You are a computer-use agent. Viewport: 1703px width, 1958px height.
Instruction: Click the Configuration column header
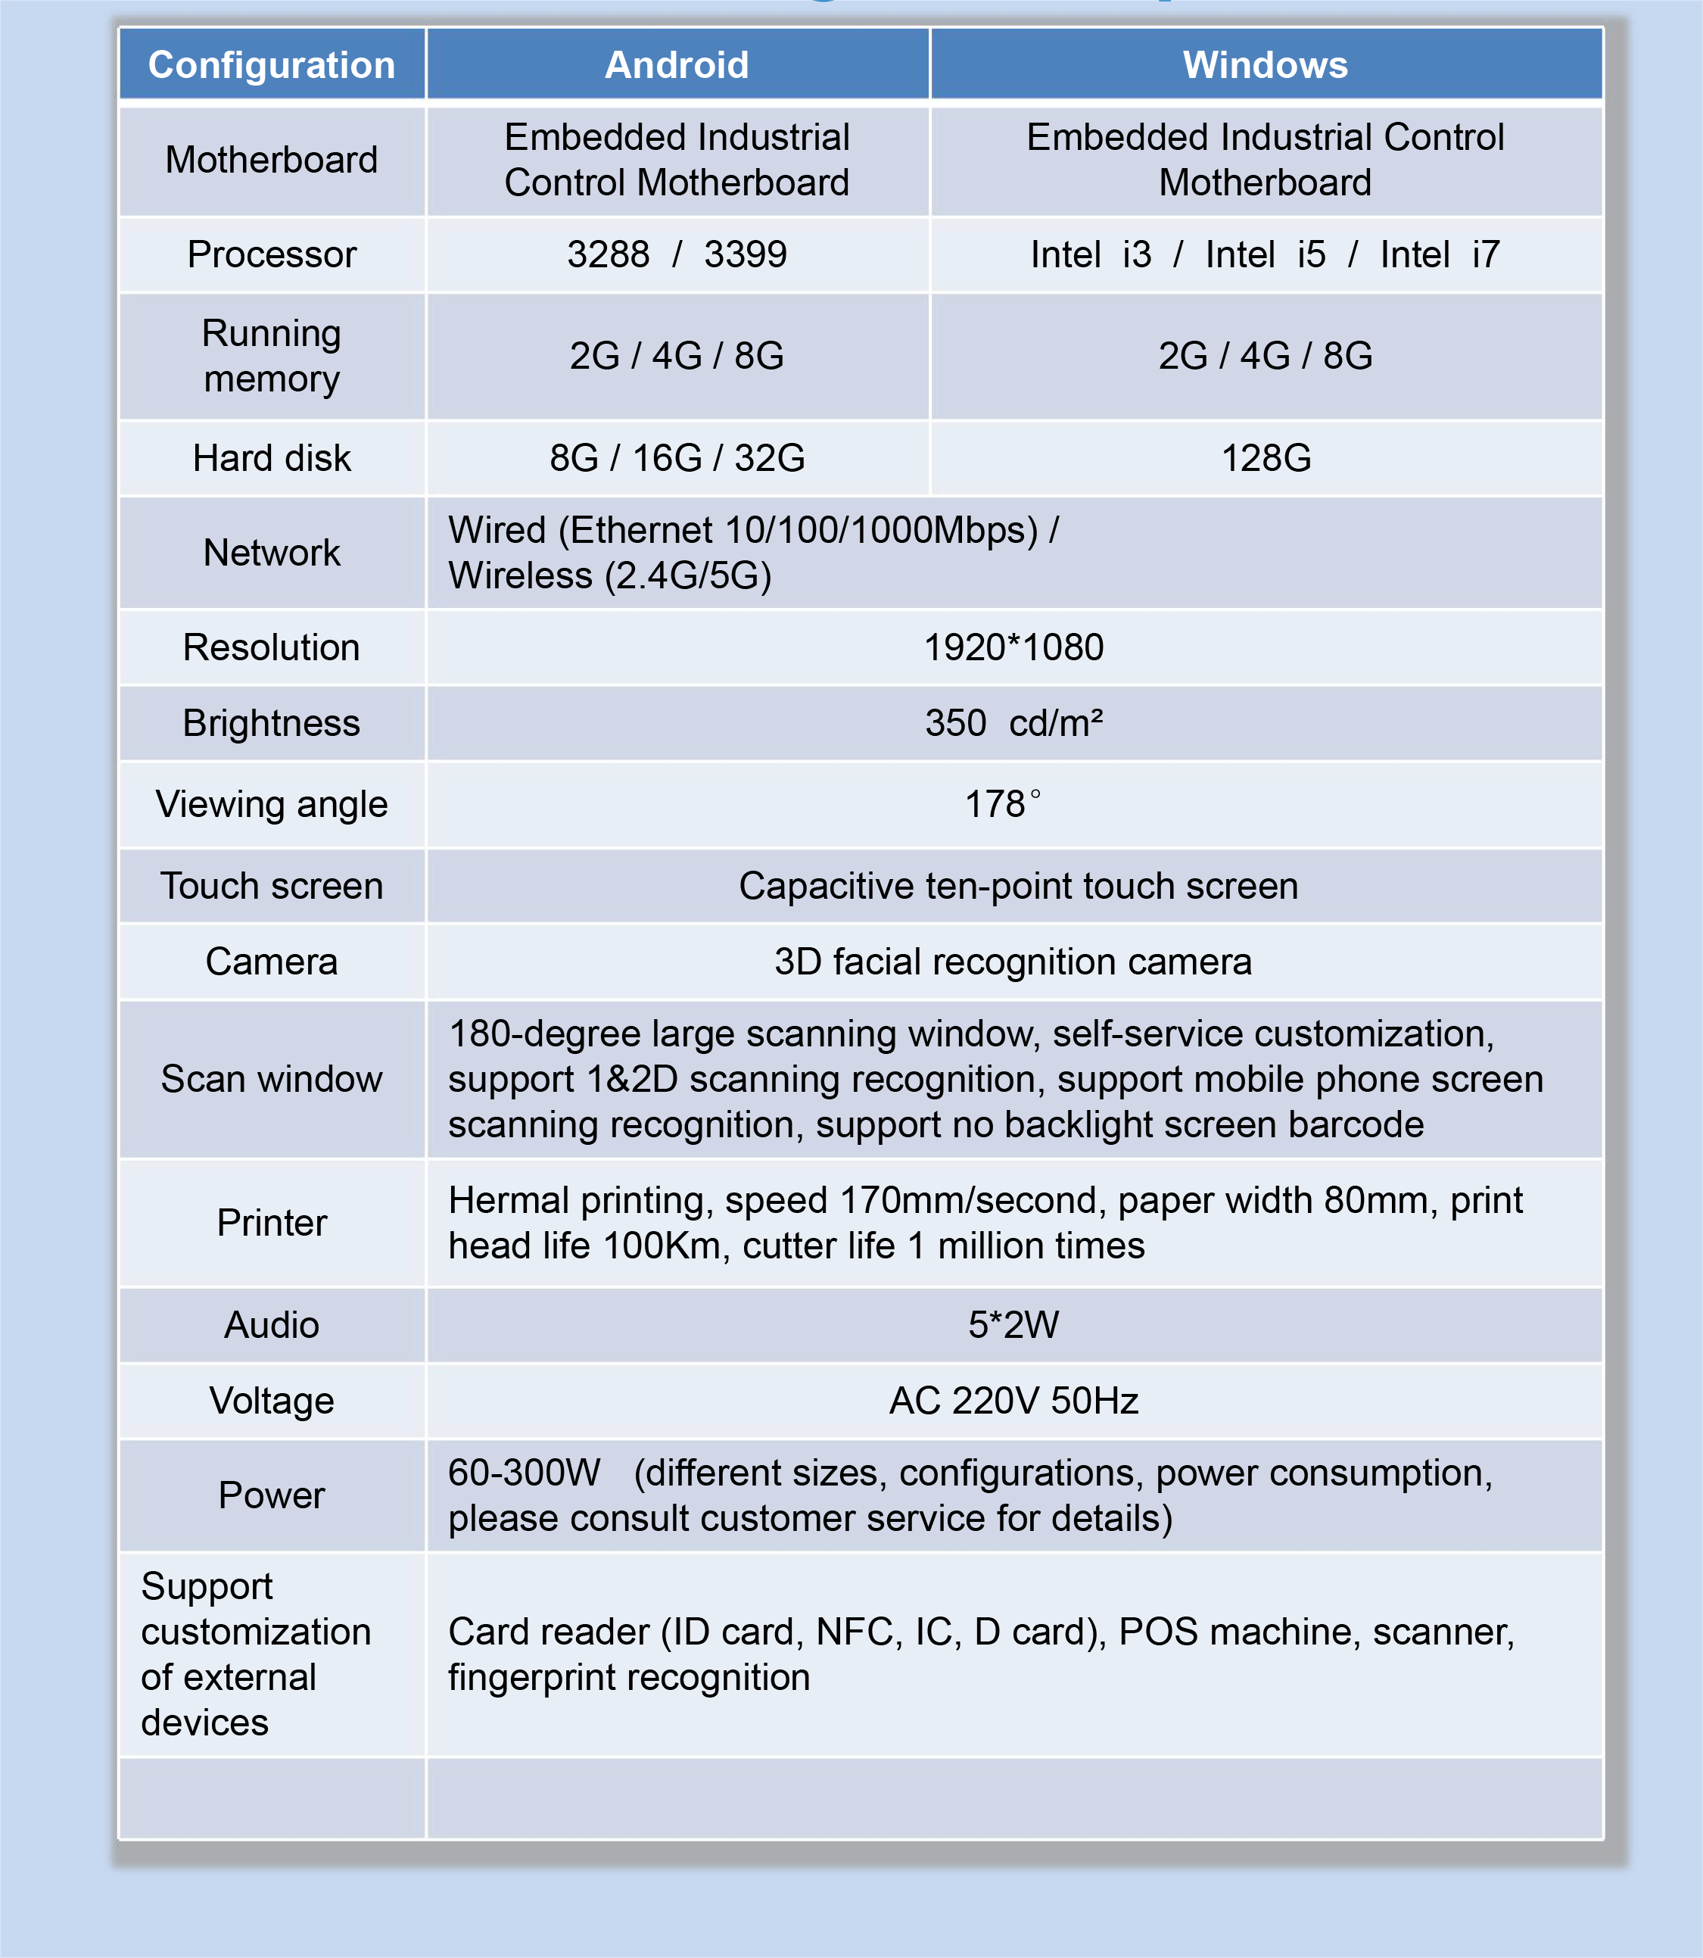[271, 64]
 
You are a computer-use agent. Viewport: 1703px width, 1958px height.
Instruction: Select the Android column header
[677, 64]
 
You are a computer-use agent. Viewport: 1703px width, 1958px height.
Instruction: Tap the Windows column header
[1265, 64]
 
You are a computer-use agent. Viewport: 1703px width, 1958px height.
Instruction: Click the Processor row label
[272, 254]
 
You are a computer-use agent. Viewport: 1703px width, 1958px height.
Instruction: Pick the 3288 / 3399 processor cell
[677, 254]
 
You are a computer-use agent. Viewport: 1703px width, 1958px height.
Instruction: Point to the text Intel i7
[1439, 254]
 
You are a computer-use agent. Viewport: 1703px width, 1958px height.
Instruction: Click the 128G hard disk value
[1266, 458]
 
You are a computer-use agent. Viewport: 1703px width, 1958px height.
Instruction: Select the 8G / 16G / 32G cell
[677, 458]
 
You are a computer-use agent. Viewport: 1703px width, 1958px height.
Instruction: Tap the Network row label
[272, 552]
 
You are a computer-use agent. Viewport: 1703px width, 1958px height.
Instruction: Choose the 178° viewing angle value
[1003, 804]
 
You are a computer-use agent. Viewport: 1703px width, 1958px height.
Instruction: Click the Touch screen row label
[272, 886]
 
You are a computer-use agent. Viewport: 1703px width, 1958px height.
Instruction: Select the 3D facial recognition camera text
[1013, 962]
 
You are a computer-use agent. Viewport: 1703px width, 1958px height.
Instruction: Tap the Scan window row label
[272, 1079]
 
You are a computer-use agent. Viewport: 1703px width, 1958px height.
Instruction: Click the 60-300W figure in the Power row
[525, 1473]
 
